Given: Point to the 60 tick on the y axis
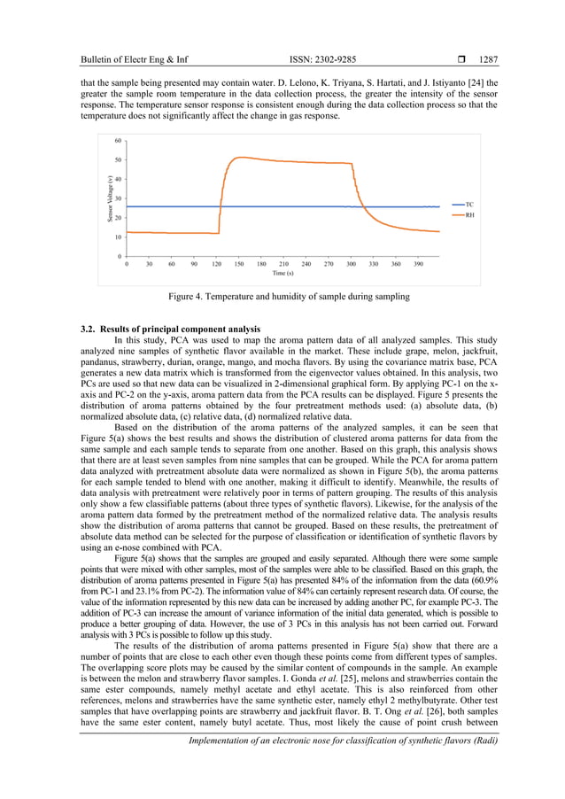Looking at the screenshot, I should (118, 141).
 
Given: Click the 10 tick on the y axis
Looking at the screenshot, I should (118, 237).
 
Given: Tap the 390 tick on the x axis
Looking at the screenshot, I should (419, 264).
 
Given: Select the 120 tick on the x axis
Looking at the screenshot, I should (216, 264).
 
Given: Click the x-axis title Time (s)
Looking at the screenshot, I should (283, 274).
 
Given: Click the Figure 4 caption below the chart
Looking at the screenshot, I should (282, 298).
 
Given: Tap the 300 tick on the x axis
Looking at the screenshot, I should (352, 264).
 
